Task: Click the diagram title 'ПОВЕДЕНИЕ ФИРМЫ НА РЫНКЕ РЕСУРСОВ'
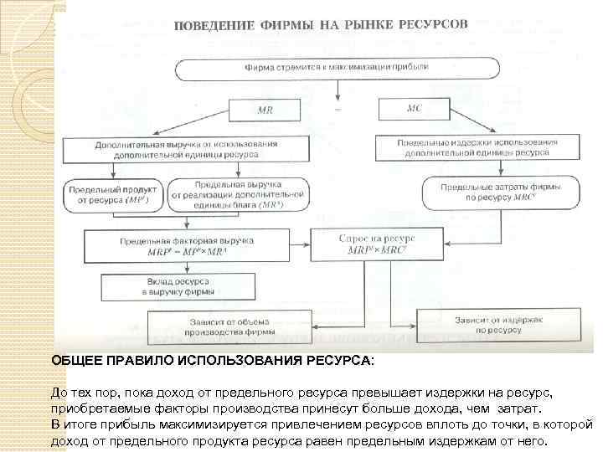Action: [321, 26]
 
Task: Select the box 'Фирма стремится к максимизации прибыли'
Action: [337, 66]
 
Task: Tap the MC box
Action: [414, 109]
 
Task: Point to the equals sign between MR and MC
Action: [338, 110]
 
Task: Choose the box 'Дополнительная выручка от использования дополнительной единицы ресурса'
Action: [188, 150]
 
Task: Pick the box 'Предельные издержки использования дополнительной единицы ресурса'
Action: [477, 148]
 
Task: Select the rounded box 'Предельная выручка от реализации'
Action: [239, 194]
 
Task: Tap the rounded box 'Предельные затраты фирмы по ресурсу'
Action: [488, 193]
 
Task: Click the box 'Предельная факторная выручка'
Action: [187, 246]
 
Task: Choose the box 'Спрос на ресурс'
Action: [377, 245]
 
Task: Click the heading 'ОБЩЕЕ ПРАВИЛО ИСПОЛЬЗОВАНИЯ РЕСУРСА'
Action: [213, 360]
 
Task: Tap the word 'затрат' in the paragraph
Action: [520, 409]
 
